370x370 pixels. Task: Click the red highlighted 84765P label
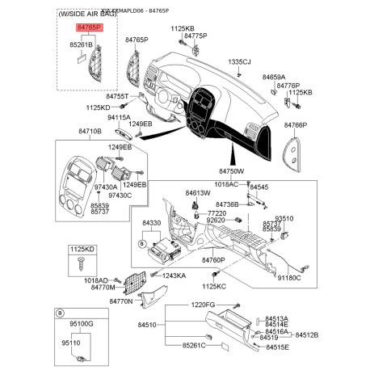click(x=89, y=27)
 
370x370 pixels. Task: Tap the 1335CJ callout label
click(x=239, y=61)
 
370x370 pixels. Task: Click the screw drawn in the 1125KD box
click(x=79, y=264)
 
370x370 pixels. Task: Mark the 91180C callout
click(x=288, y=279)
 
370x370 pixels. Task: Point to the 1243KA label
click(x=174, y=275)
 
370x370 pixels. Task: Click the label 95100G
click(x=79, y=322)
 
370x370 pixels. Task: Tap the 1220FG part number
click(x=204, y=305)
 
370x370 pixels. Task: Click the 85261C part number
click(x=195, y=346)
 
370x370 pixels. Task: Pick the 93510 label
click(x=285, y=218)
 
